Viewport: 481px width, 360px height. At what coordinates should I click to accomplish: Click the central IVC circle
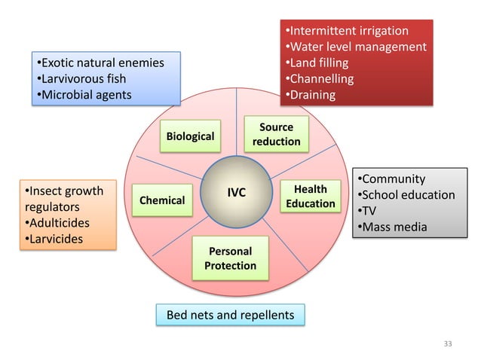tap(237, 193)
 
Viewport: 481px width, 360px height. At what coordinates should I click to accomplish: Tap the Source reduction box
tap(276, 134)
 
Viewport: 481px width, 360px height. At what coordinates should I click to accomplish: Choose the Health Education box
tap(310, 197)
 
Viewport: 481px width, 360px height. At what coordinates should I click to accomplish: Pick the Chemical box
tap(161, 200)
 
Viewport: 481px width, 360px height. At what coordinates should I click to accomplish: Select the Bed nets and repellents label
tap(230, 315)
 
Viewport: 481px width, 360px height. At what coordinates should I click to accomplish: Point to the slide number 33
tap(449, 343)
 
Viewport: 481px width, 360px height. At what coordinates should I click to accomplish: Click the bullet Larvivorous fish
tap(84, 78)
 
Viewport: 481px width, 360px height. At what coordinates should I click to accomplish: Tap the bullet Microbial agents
tap(87, 95)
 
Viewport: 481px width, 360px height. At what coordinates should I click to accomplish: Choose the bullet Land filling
tap(321, 63)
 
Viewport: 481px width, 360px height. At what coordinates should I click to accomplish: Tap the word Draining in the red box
tap(312, 95)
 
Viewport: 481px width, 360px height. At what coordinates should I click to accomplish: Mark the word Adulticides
tap(59, 223)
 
